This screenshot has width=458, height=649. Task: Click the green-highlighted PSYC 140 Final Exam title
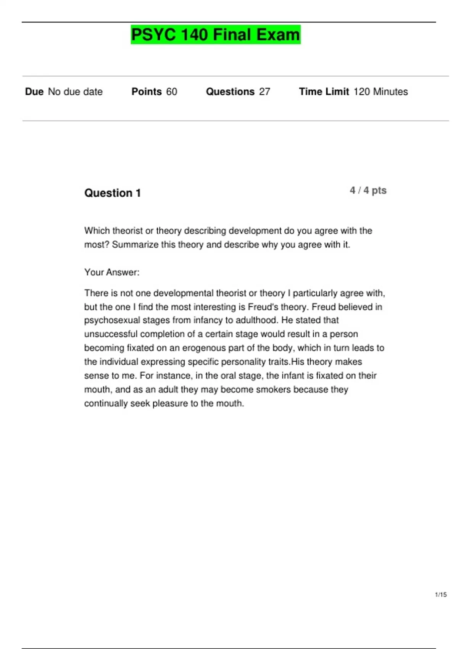pyautogui.click(x=216, y=35)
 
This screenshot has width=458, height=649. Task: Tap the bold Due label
pyautogui.click(x=34, y=92)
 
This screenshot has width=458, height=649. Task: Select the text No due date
pyautogui.click(x=75, y=92)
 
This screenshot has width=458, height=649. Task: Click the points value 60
pyautogui.click(x=172, y=92)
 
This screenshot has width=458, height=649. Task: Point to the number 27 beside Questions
pyautogui.click(x=264, y=92)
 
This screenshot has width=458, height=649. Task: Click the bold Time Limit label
pyautogui.click(x=324, y=92)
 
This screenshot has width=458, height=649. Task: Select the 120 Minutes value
pyautogui.click(x=381, y=92)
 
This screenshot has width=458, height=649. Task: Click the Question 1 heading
pyautogui.click(x=113, y=193)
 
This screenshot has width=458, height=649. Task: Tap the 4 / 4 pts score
pyautogui.click(x=368, y=191)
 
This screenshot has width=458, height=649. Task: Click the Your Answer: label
pyautogui.click(x=112, y=272)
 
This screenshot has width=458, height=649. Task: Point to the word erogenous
pyautogui.click(x=203, y=348)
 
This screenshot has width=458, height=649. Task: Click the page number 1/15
pyautogui.click(x=441, y=594)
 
